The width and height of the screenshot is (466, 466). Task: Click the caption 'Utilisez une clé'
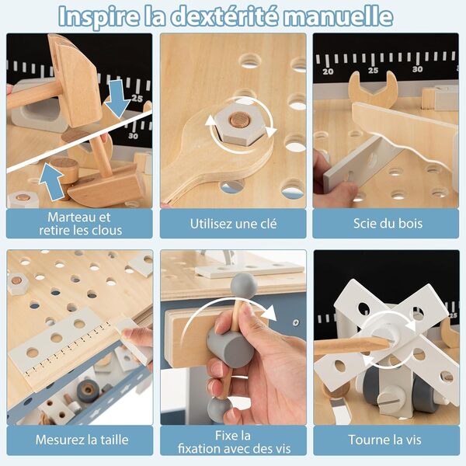pyautogui.click(x=233, y=224)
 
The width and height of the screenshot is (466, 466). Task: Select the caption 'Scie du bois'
pyautogui.click(x=387, y=224)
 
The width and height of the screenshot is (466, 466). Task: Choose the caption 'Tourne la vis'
pyautogui.click(x=387, y=440)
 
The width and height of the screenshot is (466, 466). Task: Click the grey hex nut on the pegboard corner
pyautogui.click(x=17, y=283)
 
